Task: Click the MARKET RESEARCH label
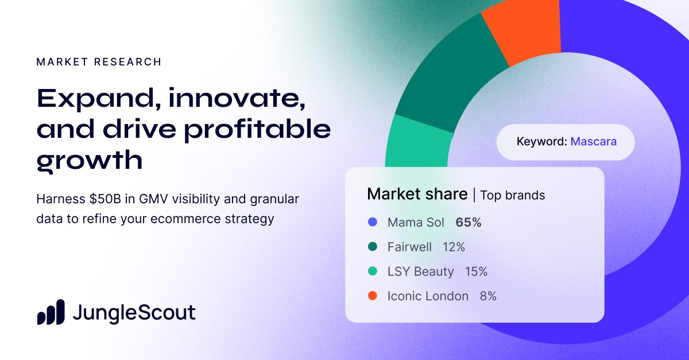pos(99,62)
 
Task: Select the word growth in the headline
pos(89,160)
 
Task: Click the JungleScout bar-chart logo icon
pos(51,313)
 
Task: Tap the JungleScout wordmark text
pos(134,313)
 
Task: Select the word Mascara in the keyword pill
pos(593,141)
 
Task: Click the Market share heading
pos(417,195)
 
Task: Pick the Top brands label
pos(512,195)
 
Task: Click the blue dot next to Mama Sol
pos(372,222)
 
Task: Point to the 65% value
pos(469,222)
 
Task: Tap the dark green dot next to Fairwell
pos(372,247)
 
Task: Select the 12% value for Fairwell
pos(454,247)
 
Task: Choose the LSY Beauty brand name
pos(420,272)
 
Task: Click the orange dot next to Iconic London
pos(372,296)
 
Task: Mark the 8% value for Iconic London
pos(488,296)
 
